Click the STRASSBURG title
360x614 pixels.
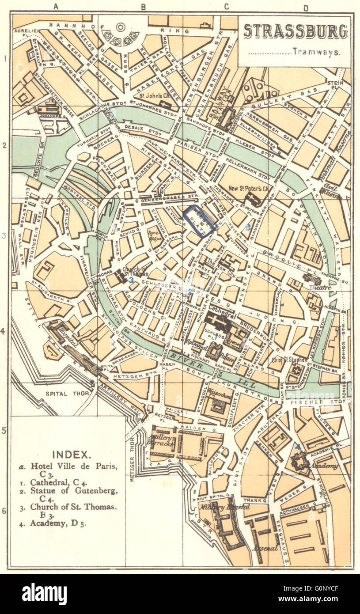295,32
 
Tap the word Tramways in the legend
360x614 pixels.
316,52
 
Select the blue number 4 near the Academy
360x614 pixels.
298,447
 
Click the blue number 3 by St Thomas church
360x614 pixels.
131,280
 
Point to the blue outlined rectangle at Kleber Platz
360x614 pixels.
200,220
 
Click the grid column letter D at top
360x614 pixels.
306,7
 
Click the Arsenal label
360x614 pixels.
265,548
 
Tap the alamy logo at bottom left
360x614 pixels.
44,594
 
